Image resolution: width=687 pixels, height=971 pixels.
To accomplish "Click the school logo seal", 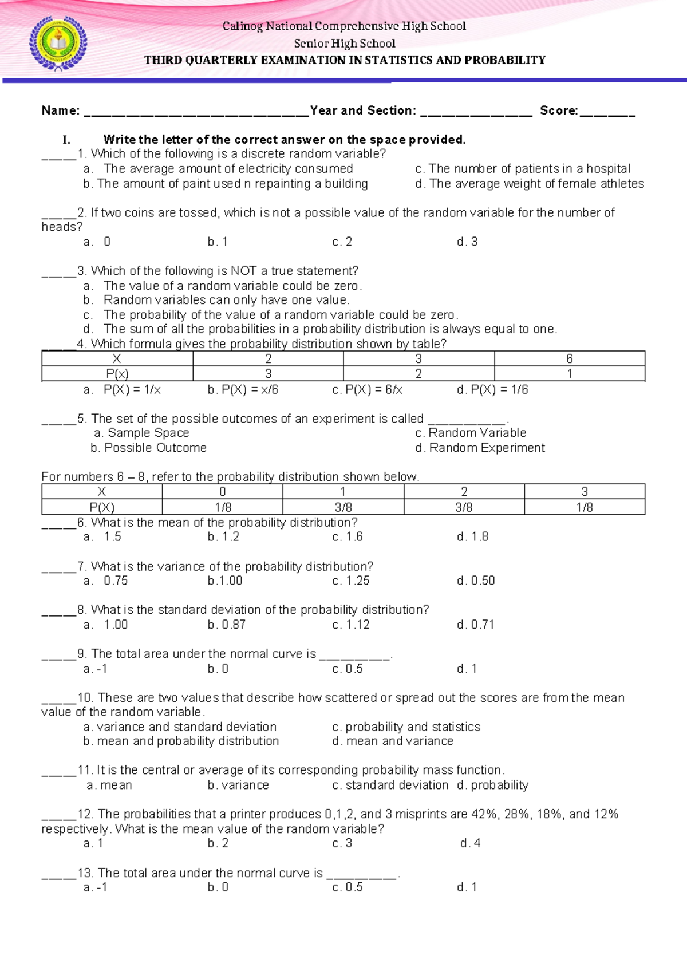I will (58, 43).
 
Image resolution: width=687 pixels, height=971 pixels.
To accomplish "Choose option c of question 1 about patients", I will (522, 169).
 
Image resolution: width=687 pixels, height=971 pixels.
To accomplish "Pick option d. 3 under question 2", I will (467, 242).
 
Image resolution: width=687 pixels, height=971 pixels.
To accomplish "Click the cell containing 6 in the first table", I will (569, 359).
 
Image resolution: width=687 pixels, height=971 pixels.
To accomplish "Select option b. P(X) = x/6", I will (243, 390).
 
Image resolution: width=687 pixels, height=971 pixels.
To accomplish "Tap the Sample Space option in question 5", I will (142, 433).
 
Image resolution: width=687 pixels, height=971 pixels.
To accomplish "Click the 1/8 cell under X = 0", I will (222, 507).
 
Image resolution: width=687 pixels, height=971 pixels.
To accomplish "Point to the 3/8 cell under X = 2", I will (464, 507).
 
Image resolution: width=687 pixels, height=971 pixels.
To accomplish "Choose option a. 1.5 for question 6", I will (102, 537).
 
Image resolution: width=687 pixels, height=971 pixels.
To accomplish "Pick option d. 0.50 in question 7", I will (476, 581).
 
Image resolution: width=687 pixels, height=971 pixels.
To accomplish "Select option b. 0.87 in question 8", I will (227, 625).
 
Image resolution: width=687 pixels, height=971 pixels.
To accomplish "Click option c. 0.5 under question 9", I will (348, 669).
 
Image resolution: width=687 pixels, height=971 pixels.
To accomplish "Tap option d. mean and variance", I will (393, 741).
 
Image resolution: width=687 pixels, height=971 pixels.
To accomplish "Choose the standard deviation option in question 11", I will (390, 786).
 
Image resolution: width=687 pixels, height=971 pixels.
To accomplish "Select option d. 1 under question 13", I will (467, 887).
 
